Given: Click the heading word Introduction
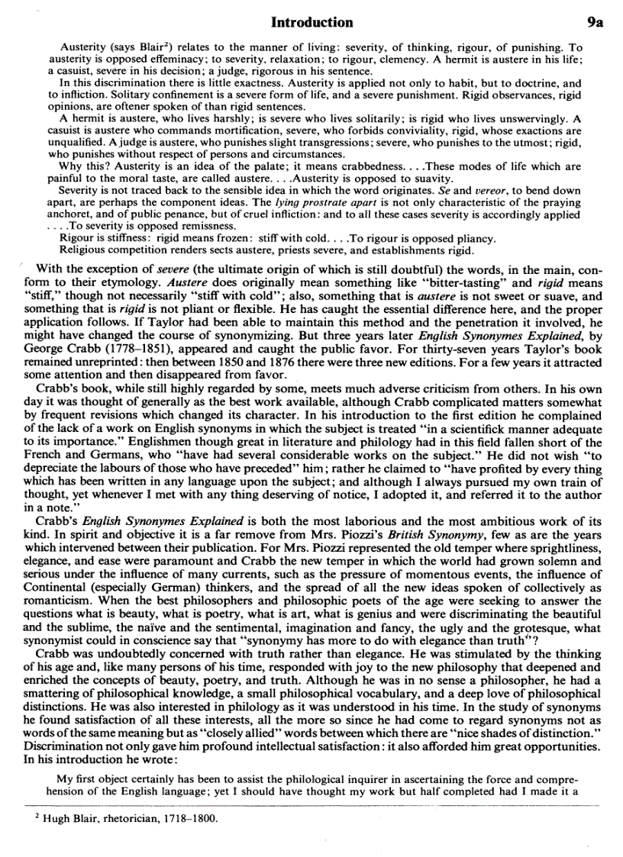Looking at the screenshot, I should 312,22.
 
